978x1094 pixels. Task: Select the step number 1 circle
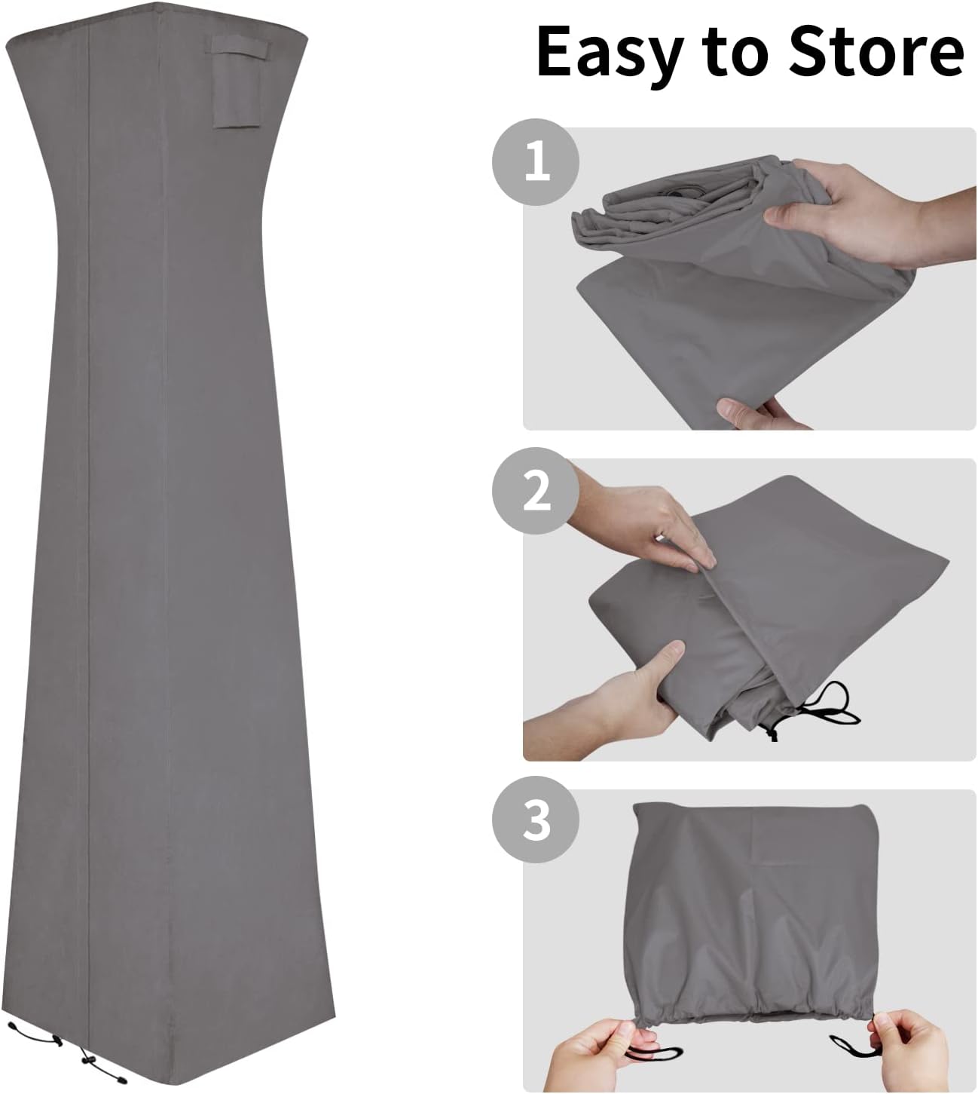(x=536, y=162)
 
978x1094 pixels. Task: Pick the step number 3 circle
(x=536, y=820)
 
